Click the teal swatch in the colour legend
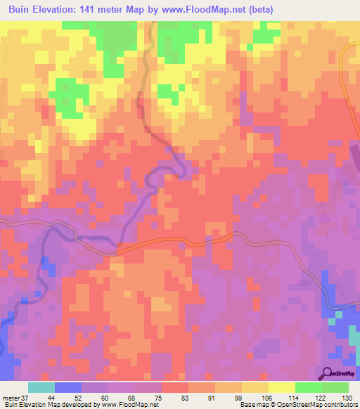41,388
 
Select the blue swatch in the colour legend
68,388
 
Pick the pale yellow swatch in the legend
282,388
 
